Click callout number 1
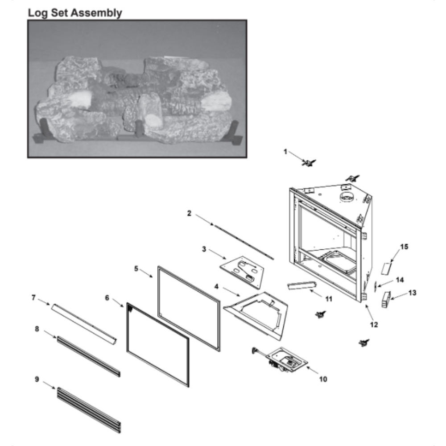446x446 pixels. (285, 152)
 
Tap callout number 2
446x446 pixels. (189, 213)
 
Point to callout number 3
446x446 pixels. (204, 249)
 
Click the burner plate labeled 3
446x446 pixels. (242, 272)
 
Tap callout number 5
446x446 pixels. (136, 268)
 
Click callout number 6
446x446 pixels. (107, 298)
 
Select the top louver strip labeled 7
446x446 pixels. (84, 325)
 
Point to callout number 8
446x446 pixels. (37, 329)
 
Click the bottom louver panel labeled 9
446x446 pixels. (89, 410)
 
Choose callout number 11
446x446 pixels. (329, 299)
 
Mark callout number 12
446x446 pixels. (374, 325)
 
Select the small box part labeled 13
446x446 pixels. (386, 300)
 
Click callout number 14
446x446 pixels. (400, 280)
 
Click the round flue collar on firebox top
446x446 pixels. (347, 197)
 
